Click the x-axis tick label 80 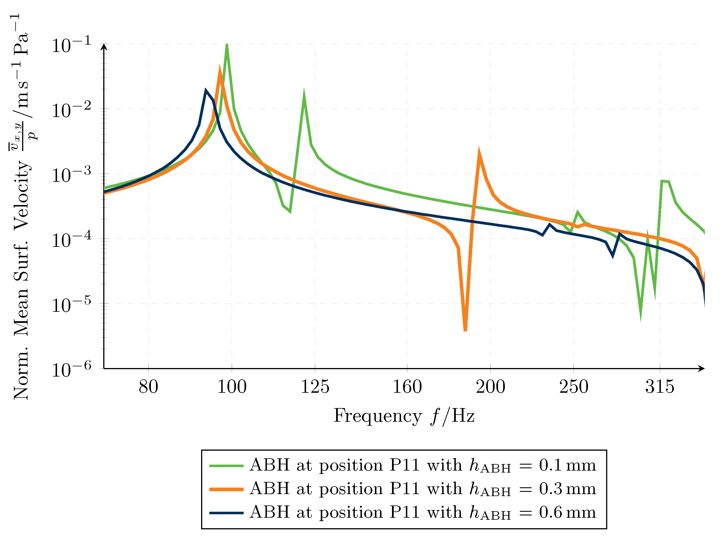[148, 387]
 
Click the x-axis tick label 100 [231, 387]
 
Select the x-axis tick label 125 [315, 387]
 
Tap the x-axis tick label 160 [407, 387]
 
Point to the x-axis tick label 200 [490, 387]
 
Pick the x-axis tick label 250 [574, 387]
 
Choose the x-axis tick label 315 [660, 387]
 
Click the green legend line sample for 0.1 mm [226, 466]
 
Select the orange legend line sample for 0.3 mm [226, 489]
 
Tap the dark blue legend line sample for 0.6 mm [226, 513]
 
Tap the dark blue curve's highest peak [205, 90]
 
